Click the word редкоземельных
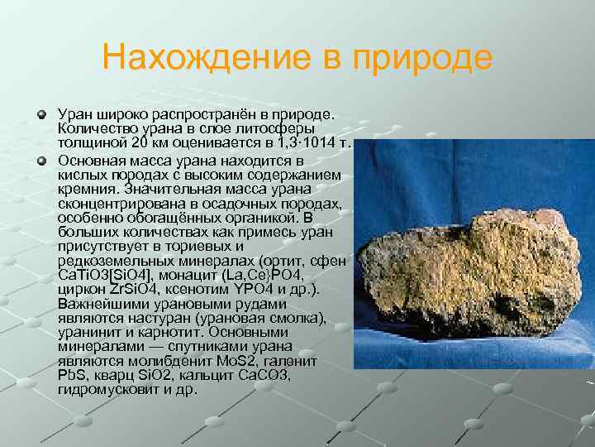[112, 260]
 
